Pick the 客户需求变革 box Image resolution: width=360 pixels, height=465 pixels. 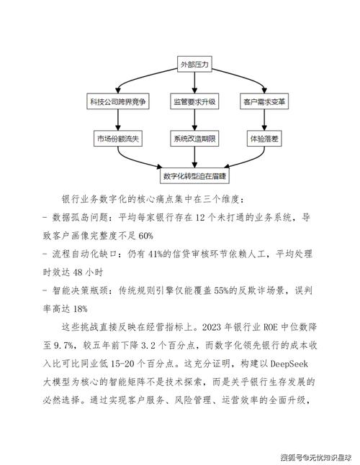coord(266,101)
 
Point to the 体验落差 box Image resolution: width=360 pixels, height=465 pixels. coord(266,137)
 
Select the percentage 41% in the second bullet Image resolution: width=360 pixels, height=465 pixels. coord(155,252)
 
